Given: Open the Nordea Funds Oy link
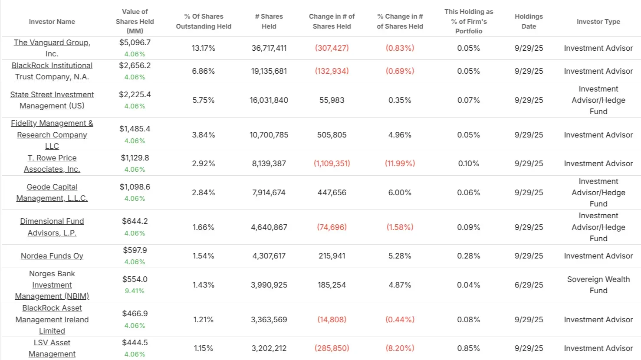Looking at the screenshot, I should pyautogui.click(x=52, y=256).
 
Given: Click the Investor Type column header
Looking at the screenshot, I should pyautogui.click(x=598, y=21).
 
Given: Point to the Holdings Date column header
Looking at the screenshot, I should pyautogui.click(x=529, y=21).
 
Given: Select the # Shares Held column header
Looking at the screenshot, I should pyautogui.click(x=269, y=21).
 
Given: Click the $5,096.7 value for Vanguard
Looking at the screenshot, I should pyautogui.click(x=135, y=43).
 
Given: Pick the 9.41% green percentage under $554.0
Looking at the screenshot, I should pyautogui.click(x=135, y=291).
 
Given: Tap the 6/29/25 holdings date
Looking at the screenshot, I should pyautogui.click(x=529, y=285).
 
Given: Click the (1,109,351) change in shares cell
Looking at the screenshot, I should pyautogui.click(x=332, y=164).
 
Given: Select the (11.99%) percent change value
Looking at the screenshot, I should pyautogui.click(x=400, y=164).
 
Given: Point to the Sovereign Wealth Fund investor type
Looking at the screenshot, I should pyautogui.click(x=598, y=285).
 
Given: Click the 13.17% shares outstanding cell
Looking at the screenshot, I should pyautogui.click(x=203, y=48).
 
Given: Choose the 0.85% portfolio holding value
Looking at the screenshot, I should pyautogui.click(x=468, y=348).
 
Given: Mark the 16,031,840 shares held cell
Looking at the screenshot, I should pyautogui.click(x=269, y=100).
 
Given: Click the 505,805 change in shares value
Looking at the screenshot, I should pyautogui.click(x=332, y=135).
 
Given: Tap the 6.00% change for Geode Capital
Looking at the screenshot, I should pyautogui.click(x=400, y=193).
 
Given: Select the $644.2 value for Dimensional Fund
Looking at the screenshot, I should pyautogui.click(x=135, y=221).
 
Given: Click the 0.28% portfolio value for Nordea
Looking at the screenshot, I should pyautogui.click(x=468, y=256).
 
